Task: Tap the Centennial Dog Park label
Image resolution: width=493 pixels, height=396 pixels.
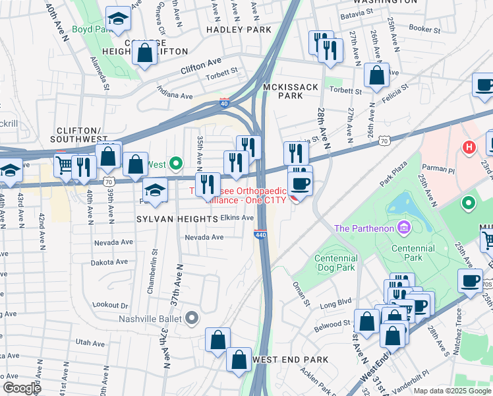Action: [335, 263]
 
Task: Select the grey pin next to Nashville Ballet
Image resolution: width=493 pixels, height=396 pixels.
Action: [192, 319]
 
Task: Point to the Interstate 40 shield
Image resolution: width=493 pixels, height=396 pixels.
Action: [225, 104]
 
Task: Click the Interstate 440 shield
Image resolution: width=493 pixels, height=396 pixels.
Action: [260, 234]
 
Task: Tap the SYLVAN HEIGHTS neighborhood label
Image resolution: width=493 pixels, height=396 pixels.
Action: [167, 218]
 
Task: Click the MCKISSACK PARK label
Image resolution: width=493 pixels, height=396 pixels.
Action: [291, 91]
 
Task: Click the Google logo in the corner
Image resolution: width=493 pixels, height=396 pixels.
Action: [21, 387]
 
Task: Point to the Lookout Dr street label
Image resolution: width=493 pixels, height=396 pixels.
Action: [110, 305]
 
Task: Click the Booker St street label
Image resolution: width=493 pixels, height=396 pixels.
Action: [424, 29]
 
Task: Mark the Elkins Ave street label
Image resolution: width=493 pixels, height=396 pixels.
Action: [237, 217]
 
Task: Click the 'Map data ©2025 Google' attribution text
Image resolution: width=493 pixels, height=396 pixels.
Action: [452, 391]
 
